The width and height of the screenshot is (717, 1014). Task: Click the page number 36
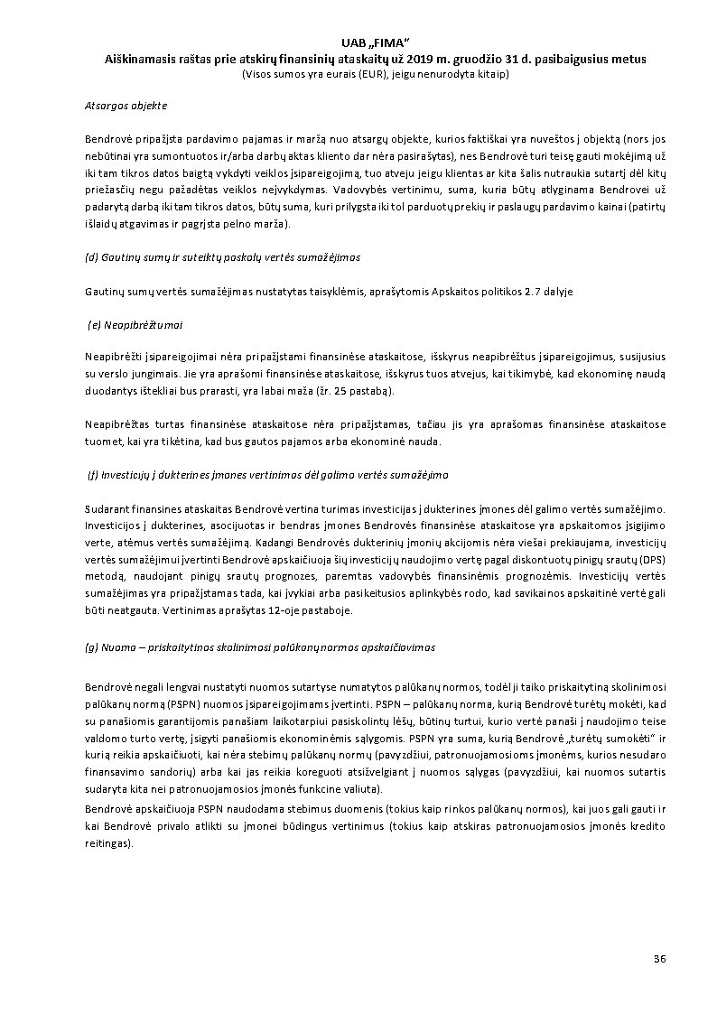point(658,957)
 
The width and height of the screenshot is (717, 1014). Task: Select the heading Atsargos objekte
point(126,106)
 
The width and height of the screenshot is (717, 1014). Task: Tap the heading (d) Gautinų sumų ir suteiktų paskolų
point(222,257)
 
